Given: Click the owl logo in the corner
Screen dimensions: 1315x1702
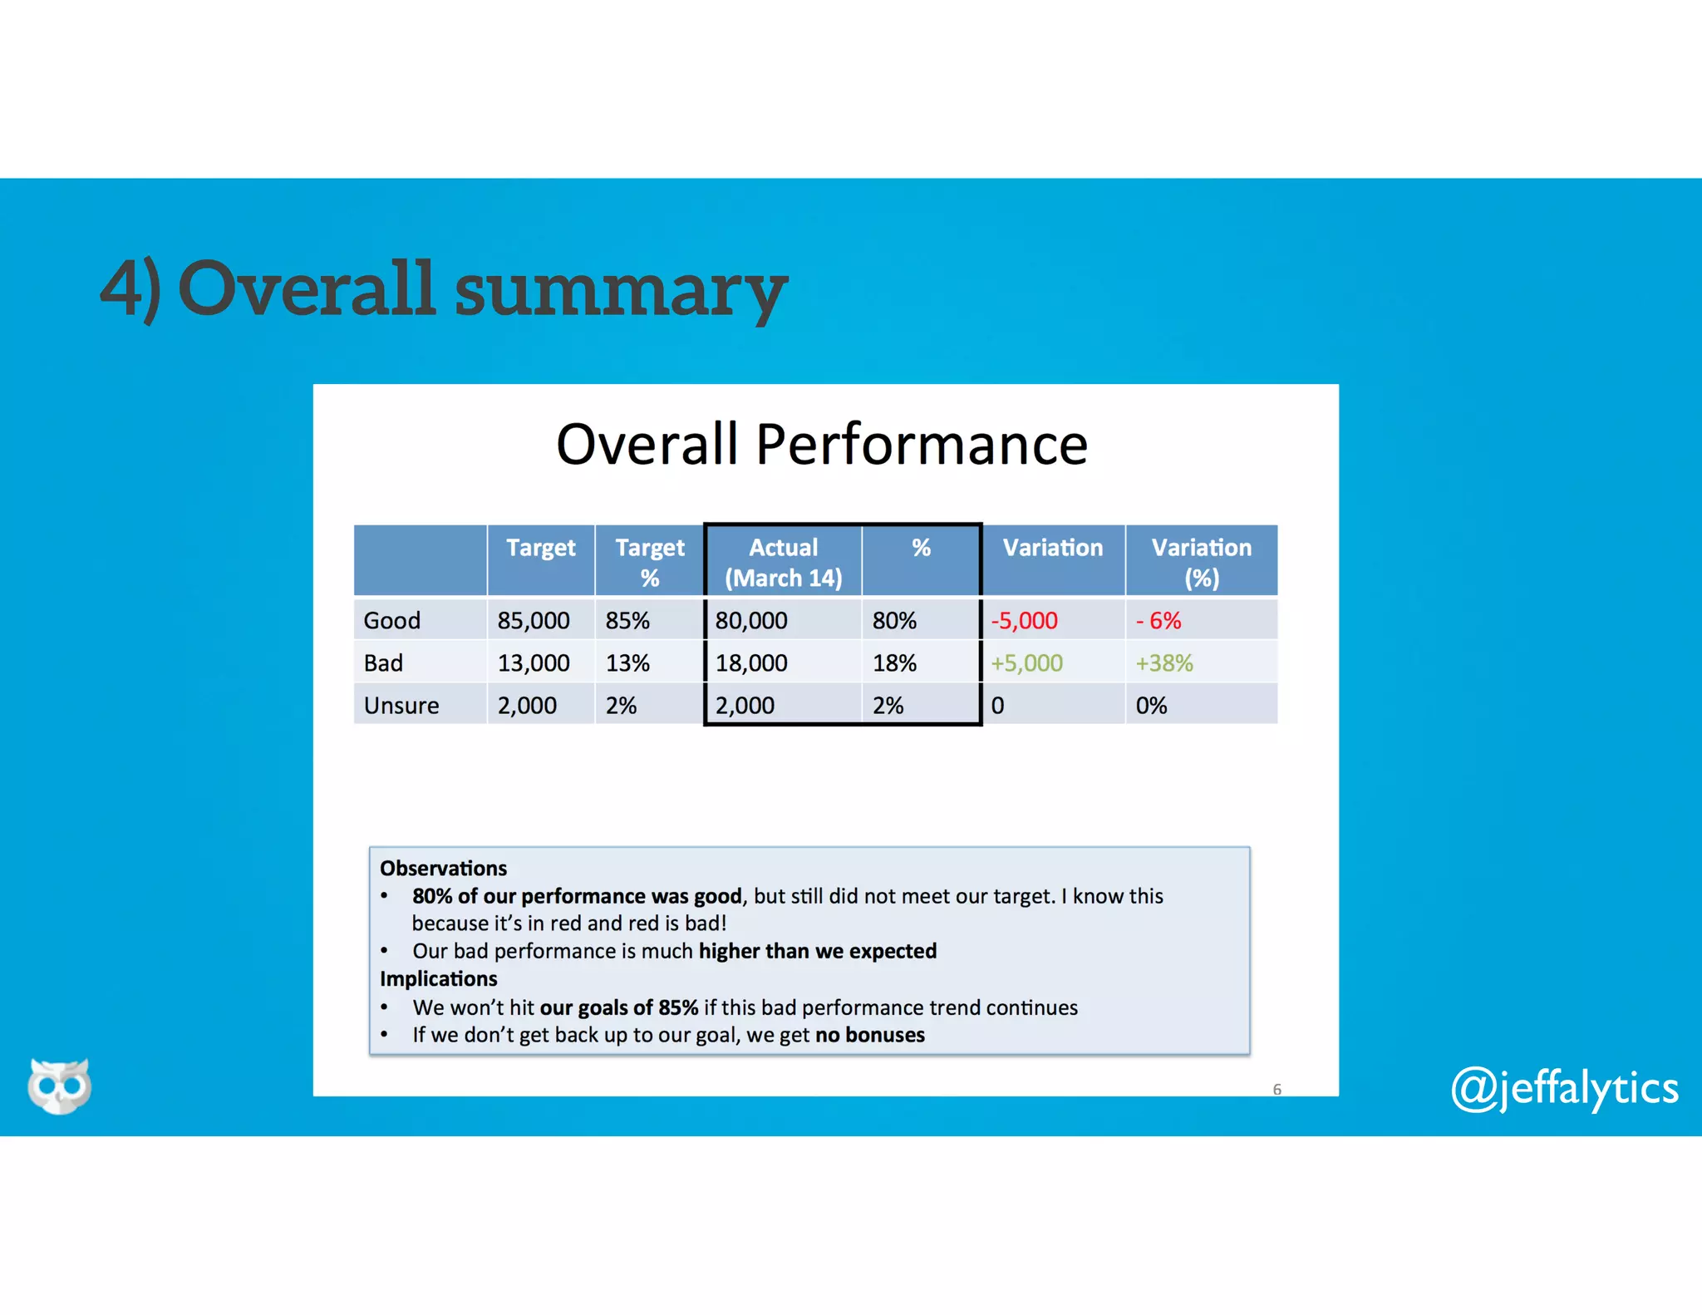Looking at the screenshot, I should (59, 1085).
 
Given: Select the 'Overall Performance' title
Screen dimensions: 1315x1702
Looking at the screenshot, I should (821, 444).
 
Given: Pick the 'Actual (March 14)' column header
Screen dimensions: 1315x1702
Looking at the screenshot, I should (783, 562).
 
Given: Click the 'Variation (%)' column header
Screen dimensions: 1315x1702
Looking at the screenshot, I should (1201, 562).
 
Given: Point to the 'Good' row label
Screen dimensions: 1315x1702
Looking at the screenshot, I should (392, 620).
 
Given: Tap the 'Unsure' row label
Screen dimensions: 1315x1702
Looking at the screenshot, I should (401, 705).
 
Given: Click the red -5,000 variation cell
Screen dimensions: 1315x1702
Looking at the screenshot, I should (1024, 620).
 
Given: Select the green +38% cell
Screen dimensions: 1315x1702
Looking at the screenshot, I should (1164, 662).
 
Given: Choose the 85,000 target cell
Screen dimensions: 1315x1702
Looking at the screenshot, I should (534, 620).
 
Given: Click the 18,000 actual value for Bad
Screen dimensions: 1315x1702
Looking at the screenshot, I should (751, 662).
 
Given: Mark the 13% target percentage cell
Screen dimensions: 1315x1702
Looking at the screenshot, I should (627, 662).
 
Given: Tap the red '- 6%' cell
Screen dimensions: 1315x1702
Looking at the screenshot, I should (1158, 620).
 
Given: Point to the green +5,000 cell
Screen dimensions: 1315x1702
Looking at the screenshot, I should (1026, 662).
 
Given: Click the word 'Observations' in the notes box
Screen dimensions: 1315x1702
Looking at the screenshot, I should (443, 868).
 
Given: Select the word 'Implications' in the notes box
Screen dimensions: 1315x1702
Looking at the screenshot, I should (439, 978).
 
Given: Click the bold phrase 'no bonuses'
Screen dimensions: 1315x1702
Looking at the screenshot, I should (870, 1035).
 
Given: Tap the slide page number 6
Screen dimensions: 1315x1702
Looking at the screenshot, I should (1277, 1089).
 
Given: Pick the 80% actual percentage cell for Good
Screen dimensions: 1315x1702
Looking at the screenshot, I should (894, 620).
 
